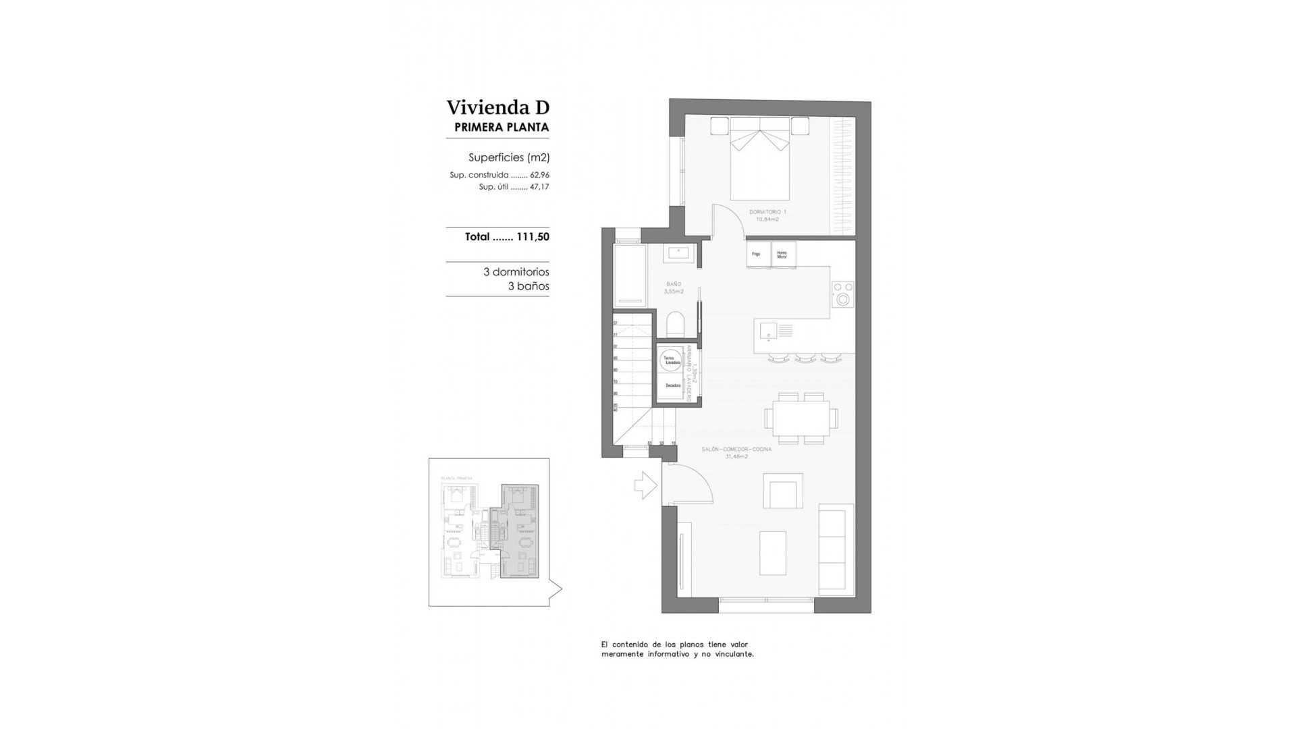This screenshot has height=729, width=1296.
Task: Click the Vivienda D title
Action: pyautogui.click(x=497, y=108)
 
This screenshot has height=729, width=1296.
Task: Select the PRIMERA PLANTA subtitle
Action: pyautogui.click(x=502, y=127)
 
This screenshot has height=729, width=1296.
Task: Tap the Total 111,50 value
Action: pyautogui.click(x=507, y=237)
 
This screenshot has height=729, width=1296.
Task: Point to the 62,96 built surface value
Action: pyautogui.click(x=539, y=175)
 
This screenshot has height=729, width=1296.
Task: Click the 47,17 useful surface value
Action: pyautogui.click(x=539, y=187)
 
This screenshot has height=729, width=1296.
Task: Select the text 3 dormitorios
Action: pyautogui.click(x=516, y=272)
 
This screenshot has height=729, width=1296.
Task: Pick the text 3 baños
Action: pyautogui.click(x=528, y=286)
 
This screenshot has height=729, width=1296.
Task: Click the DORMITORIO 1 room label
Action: pyautogui.click(x=767, y=212)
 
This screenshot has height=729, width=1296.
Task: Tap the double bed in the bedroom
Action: pyautogui.click(x=760, y=159)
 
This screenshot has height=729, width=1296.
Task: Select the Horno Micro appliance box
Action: pyautogui.click(x=782, y=254)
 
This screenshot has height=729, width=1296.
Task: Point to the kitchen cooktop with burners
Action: pyautogui.click(x=843, y=294)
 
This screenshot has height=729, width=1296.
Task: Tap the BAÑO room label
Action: pyautogui.click(x=673, y=285)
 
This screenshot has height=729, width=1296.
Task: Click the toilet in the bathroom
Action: pyautogui.click(x=675, y=325)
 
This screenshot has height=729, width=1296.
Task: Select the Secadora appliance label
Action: pyautogui.click(x=672, y=385)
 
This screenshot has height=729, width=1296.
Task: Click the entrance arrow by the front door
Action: pyautogui.click(x=646, y=485)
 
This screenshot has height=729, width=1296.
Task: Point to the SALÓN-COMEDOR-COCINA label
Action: pyautogui.click(x=736, y=449)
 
